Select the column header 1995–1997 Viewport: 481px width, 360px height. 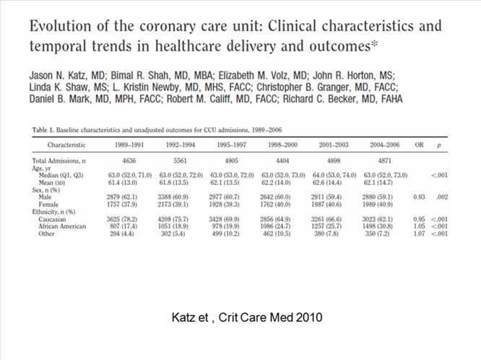(x=232, y=145)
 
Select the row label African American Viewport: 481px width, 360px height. (x=65, y=226)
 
